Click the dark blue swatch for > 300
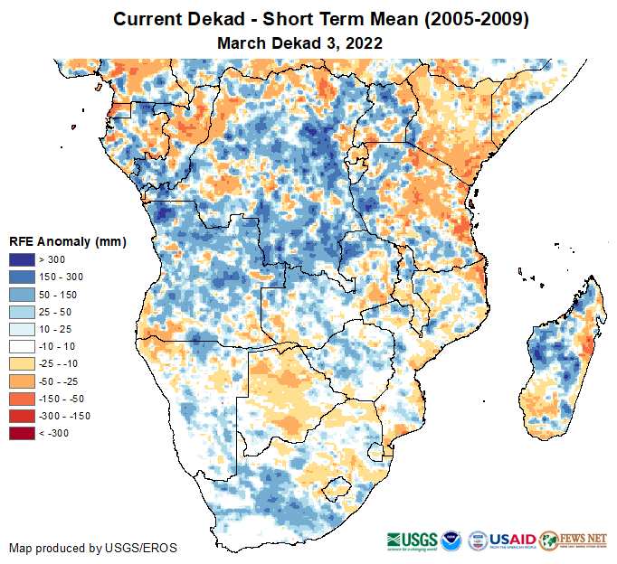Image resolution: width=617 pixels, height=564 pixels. pyautogui.click(x=22, y=259)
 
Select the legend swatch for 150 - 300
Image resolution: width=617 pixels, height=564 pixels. pyautogui.click(x=22, y=277)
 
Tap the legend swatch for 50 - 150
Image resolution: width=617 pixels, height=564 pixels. pyautogui.click(x=22, y=294)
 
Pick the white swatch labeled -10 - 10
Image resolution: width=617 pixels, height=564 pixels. pyautogui.click(x=22, y=346)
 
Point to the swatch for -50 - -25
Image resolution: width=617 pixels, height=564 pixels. pyautogui.click(x=22, y=381)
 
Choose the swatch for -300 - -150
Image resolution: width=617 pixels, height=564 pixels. pyautogui.click(x=22, y=416)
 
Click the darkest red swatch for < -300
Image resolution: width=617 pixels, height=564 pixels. pyautogui.click(x=22, y=433)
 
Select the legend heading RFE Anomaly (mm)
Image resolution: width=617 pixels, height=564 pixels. pyautogui.click(x=67, y=241)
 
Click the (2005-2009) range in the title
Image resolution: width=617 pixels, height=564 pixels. pyautogui.click(x=474, y=19)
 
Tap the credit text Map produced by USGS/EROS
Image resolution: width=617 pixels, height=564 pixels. pyautogui.click(x=93, y=548)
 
